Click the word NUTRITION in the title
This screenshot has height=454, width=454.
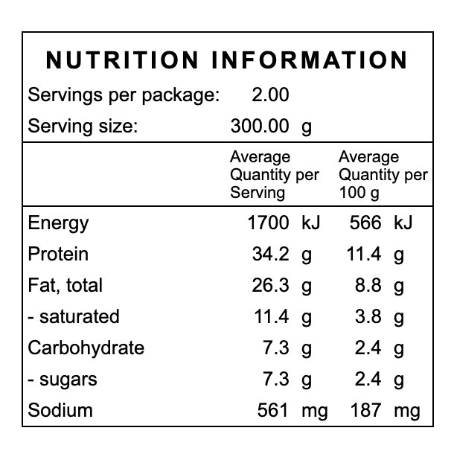click(x=123, y=60)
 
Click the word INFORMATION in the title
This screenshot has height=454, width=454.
click(x=310, y=60)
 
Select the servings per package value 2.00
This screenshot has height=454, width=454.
click(x=271, y=95)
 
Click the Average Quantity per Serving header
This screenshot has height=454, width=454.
click(x=274, y=175)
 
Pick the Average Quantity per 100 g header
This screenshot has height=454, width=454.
click(x=383, y=175)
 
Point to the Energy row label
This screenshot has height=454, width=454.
click(x=58, y=223)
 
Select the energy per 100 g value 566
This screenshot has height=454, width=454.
click(x=365, y=223)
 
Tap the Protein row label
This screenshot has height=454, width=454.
click(x=58, y=254)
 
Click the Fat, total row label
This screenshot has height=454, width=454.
click(x=65, y=285)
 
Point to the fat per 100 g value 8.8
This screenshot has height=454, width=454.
click(x=370, y=285)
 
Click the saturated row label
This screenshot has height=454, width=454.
click(x=73, y=316)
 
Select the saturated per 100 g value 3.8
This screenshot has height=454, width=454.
click(x=370, y=316)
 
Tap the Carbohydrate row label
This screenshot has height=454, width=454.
click(x=86, y=348)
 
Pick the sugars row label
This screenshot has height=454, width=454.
click(x=63, y=379)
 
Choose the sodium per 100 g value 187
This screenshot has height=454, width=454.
click(x=365, y=410)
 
